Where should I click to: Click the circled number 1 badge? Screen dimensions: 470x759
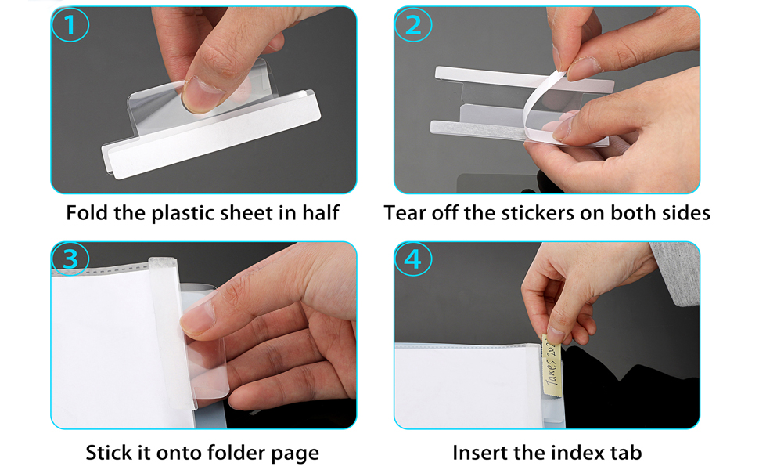point(70,27)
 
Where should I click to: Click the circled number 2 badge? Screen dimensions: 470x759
point(413,27)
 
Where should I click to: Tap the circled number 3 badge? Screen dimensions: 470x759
point(70,259)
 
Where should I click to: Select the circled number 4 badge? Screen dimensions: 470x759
point(413,259)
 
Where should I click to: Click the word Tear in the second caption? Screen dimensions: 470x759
point(405,213)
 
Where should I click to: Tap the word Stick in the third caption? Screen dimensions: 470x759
point(107,453)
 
